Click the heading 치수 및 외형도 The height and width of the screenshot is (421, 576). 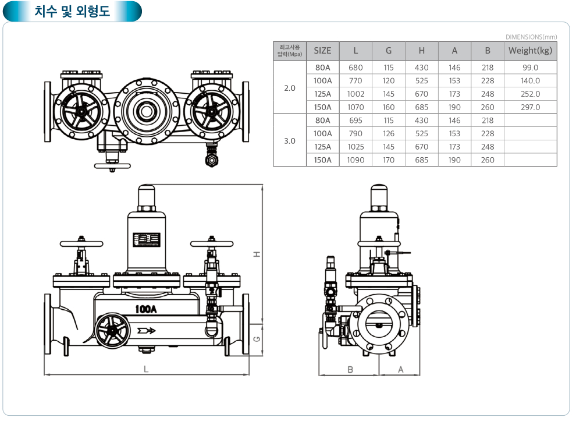click(x=72, y=11)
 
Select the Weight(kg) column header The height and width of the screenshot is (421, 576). click(x=530, y=51)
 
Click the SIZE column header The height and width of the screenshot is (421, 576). click(x=322, y=51)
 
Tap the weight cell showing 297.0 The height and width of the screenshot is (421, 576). click(x=530, y=107)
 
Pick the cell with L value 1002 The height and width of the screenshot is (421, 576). click(x=355, y=94)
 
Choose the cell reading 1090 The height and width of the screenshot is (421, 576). click(x=355, y=160)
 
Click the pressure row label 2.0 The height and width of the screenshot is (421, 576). click(x=290, y=87)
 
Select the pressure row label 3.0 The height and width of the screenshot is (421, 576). click(x=290, y=140)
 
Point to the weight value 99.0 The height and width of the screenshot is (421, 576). click(x=530, y=68)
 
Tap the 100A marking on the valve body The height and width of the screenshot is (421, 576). click(x=145, y=309)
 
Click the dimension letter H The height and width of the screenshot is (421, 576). click(x=255, y=254)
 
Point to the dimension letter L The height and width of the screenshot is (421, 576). click(x=146, y=369)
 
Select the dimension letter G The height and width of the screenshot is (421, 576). click(x=256, y=339)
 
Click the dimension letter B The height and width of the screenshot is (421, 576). click(x=350, y=369)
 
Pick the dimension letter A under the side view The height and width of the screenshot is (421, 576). click(x=400, y=369)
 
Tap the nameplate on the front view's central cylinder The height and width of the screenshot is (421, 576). click(x=146, y=240)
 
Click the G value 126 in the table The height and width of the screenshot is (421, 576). click(x=389, y=134)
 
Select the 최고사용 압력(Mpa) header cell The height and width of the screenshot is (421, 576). click(x=290, y=51)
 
